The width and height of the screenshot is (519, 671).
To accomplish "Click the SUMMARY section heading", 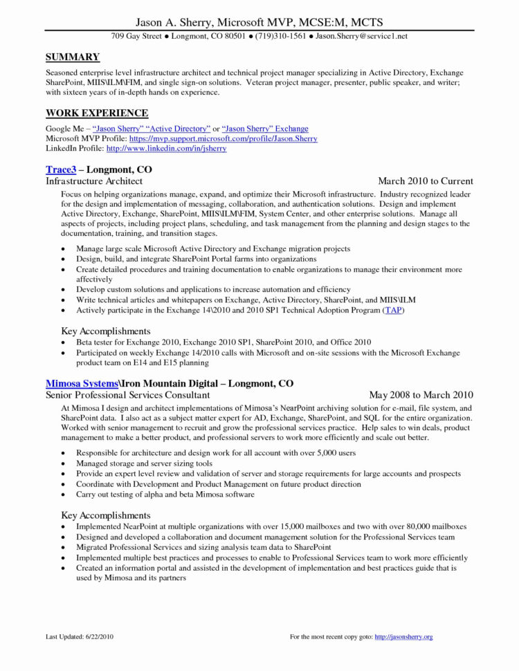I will click(73, 57).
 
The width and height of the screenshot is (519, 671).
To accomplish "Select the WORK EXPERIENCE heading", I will click(97, 113).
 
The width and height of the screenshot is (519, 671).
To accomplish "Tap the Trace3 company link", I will click(61, 169).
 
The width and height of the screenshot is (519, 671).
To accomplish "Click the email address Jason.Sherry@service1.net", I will click(362, 35).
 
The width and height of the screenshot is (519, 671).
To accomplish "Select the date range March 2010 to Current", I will click(426, 181).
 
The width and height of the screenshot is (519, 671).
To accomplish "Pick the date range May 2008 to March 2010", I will click(421, 395).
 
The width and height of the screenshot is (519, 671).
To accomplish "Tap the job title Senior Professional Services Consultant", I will click(127, 395).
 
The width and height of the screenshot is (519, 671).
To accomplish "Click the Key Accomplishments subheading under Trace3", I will click(105, 331).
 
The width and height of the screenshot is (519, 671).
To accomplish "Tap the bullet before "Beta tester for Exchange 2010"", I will click(64, 342).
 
